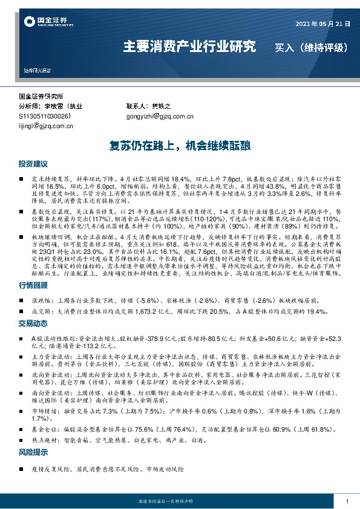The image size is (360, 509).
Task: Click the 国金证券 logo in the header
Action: tap(45, 22)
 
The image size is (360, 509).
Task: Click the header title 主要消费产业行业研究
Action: tap(189, 47)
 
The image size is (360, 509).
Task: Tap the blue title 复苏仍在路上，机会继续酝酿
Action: tap(180, 146)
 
